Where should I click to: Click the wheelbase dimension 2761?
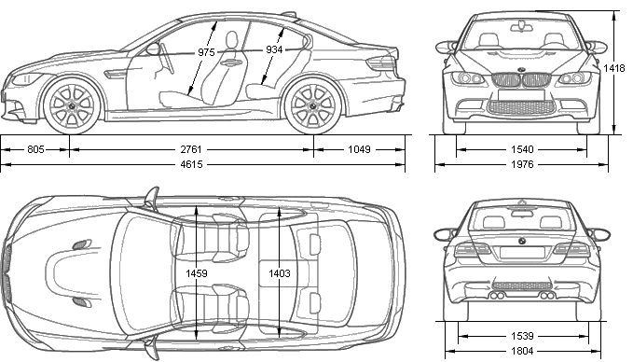click(x=191, y=149)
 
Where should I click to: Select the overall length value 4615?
click(x=191, y=164)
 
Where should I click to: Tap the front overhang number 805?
click(x=35, y=149)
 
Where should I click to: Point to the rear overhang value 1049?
click(x=359, y=149)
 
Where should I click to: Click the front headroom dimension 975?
click(x=206, y=52)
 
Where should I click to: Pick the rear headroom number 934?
click(x=274, y=49)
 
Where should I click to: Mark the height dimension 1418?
click(x=614, y=68)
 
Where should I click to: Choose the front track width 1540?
click(x=522, y=150)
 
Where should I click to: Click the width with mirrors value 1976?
click(x=522, y=164)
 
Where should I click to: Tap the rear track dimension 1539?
click(x=522, y=336)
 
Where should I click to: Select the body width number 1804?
click(x=522, y=351)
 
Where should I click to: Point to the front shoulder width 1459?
click(x=197, y=273)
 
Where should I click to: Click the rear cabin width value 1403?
click(x=280, y=273)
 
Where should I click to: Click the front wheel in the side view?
click(x=73, y=105)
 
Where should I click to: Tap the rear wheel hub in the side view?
click(x=312, y=105)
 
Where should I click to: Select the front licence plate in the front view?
click(x=521, y=95)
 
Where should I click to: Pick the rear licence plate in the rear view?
click(x=522, y=252)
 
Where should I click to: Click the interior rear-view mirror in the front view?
click(x=521, y=27)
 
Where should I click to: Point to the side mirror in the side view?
click(x=153, y=49)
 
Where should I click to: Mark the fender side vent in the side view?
click(x=115, y=75)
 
